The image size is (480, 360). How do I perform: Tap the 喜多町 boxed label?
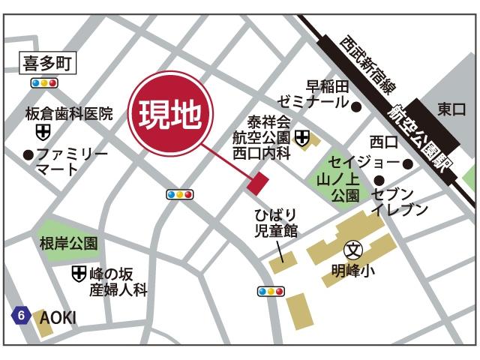46,64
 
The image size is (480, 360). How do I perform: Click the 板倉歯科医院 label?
69,114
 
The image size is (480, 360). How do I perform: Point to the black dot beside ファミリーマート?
28,155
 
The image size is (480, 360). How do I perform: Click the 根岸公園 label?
69,243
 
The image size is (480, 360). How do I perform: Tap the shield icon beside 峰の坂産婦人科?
78,274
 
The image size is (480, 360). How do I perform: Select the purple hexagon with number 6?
21,316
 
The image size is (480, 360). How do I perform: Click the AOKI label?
58,317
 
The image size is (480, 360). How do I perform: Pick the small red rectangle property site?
257,182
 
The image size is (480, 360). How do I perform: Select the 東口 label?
451,109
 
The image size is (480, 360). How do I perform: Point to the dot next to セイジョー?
407,163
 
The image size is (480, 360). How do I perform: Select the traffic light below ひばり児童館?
271,291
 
